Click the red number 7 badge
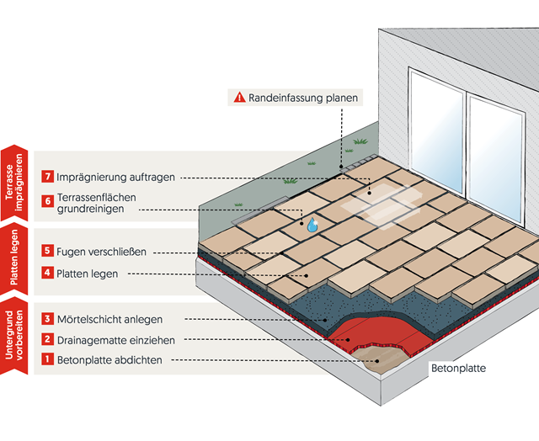click(48, 177)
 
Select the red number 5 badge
click(48, 251)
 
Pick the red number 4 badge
click(48, 274)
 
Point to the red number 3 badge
click(48, 319)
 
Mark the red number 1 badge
click(48, 360)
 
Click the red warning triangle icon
click(239, 98)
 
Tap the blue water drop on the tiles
click(312, 224)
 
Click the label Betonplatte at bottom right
click(458, 369)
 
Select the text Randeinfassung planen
click(303, 98)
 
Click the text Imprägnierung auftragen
click(116, 178)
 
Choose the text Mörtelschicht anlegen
click(109, 320)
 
